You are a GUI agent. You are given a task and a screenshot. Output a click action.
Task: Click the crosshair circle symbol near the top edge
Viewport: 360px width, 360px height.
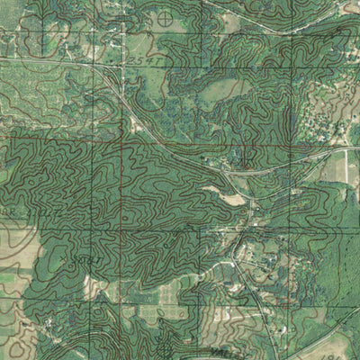pyautogui.click(x=165, y=18)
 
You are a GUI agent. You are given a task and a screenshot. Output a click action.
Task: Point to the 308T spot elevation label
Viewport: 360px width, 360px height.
pyautogui.click(x=83, y=259)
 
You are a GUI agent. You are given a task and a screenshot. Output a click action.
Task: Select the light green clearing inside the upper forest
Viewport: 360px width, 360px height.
pyautogui.click(x=223, y=90)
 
